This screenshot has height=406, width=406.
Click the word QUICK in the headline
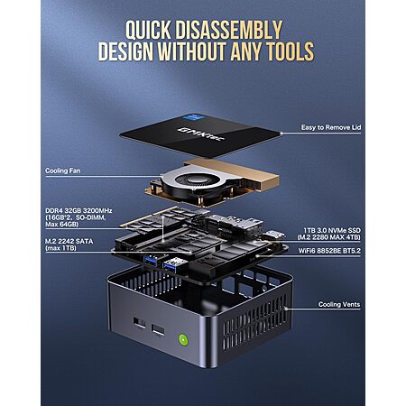148,30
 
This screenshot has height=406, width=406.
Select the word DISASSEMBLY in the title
229,30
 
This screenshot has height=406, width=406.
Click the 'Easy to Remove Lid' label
331,127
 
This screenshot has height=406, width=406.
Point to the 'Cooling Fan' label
63,171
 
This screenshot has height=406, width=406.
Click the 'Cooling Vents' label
339,304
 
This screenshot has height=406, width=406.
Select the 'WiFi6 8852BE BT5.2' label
329,251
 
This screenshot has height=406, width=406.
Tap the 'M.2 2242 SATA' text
69,241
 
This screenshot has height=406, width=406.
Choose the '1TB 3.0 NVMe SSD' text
332,230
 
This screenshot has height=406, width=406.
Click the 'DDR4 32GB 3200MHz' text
78,210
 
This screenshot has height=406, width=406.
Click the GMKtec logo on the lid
201,134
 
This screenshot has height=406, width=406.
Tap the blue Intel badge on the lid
192,117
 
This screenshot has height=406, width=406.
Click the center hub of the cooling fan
193,180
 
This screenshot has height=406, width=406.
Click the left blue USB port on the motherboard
150,261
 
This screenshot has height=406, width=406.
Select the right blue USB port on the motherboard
171,266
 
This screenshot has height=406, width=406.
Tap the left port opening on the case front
139,323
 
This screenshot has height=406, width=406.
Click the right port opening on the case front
158,330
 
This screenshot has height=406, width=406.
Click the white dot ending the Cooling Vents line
285,309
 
